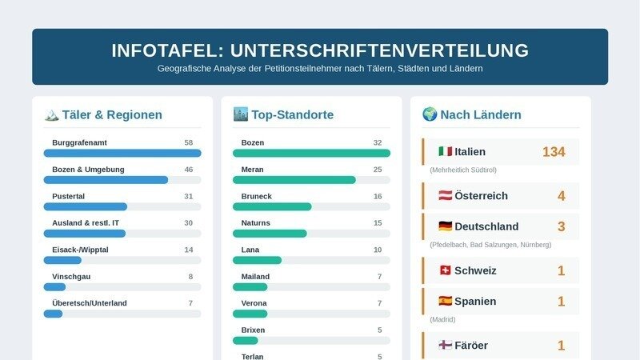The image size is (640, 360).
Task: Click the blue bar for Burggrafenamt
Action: pyautogui.click(x=122, y=153)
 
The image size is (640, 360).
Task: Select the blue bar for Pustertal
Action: pyautogui.click(x=86, y=206)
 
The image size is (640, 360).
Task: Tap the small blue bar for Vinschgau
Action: pyautogui.click(x=54, y=287)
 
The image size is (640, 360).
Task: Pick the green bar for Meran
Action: pyautogui.click(x=294, y=180)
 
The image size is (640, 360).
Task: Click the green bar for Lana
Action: pyautogui.click(x=257, y=260)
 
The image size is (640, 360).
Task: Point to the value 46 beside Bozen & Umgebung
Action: pyautogui.click(x=189, y=170)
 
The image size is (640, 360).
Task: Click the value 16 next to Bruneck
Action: pyautogui.click(x=378, y=196)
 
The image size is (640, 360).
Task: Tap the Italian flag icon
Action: pyautogui.click(x=446, y=151)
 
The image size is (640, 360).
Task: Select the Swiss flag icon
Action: pyautogui.click(x=446, y=270)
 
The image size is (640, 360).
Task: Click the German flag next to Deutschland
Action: pyautogui.click(x=446, y=226)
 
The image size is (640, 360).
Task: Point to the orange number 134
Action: pyautogui.click(x=554, y=152)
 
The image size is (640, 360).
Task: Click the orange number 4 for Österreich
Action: pyautogui.click(x=562, y=196)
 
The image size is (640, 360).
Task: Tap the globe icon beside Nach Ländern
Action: pyautogui.click(x=430, y=114)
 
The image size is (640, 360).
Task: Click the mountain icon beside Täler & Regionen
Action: pyautogui.click(x=51, y=114)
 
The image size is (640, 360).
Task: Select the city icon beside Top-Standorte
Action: pyautogui.click(x=241, y=114)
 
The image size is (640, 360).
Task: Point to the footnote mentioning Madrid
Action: pyautogui.click(x=442, y=319)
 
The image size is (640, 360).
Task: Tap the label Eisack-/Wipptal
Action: pyautogui.click(x=81, y=250)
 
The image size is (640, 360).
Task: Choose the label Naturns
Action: pyautogui.click(x=255, y=223)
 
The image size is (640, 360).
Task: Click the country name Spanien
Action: pyautogui.click(x=475, y=302)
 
